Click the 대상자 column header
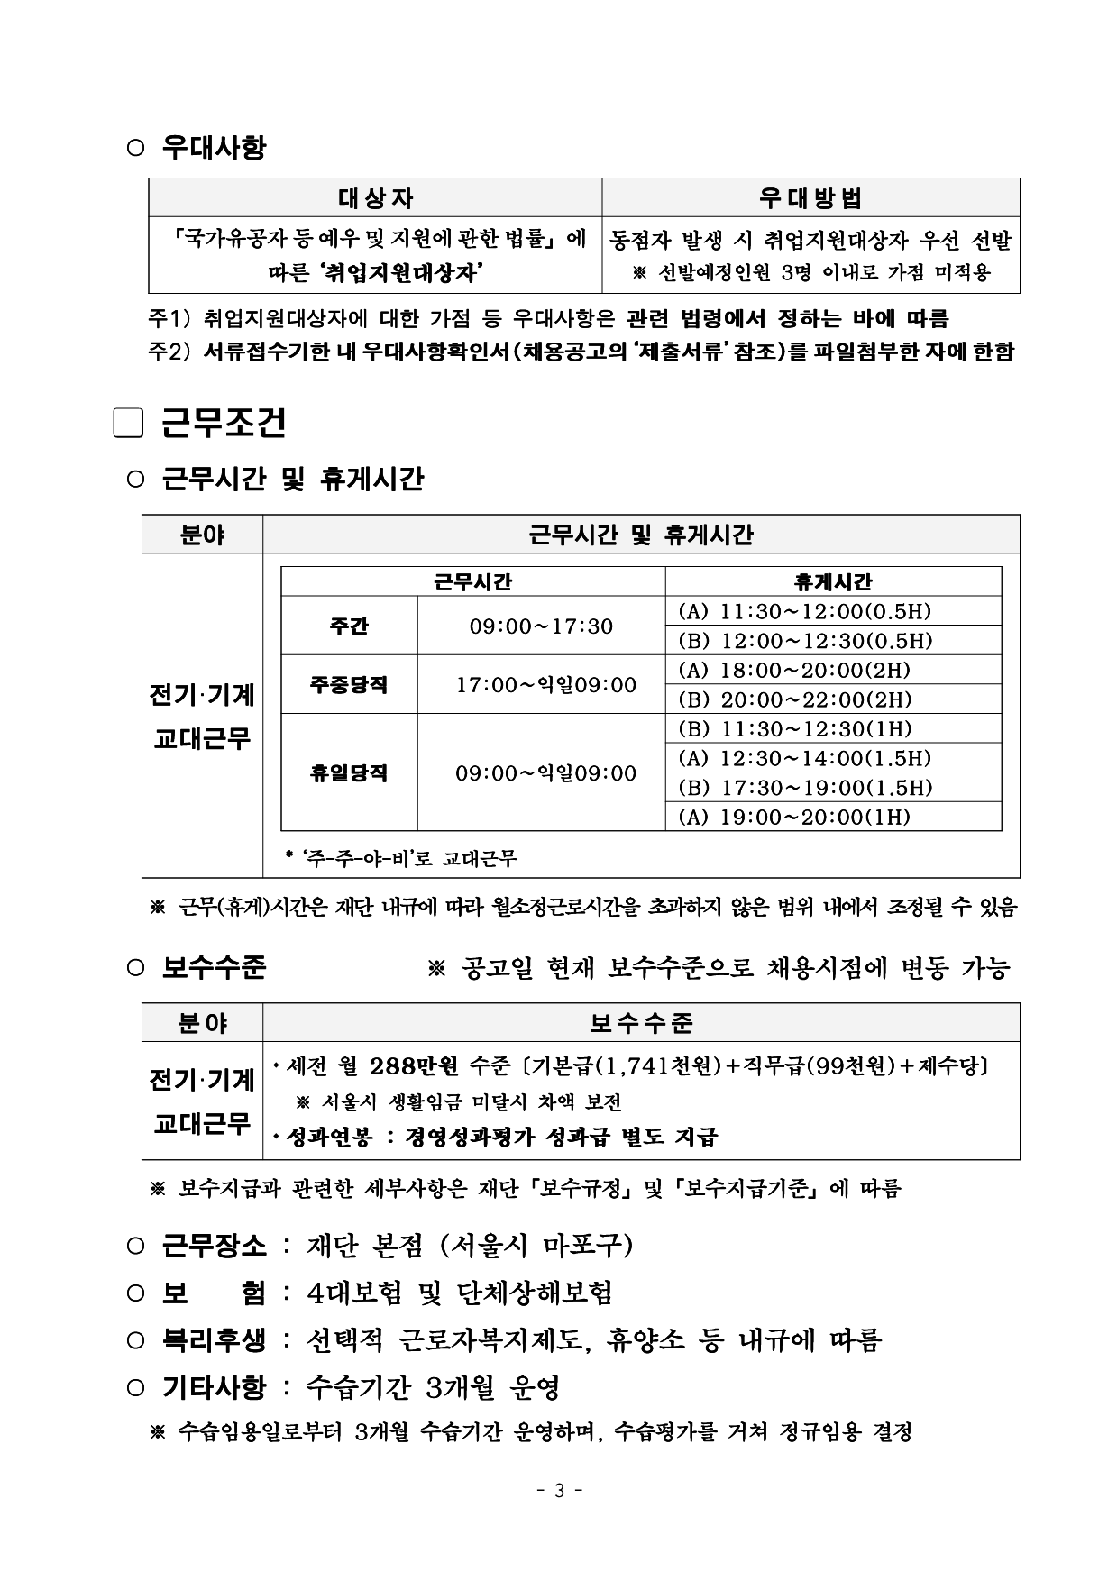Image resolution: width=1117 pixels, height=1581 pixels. (x=375, y=197)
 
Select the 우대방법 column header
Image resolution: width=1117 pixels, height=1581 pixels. (x=810, y=197)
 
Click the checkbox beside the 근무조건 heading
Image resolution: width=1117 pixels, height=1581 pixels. (x=128, y=424)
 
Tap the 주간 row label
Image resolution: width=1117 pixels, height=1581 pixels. (x=349, y=626)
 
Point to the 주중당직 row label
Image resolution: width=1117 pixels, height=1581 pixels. (x=349, y=684)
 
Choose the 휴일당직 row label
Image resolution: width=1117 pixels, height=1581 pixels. (x=349, y=772)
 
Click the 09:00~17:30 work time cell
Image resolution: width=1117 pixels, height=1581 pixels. (x=541, y=626)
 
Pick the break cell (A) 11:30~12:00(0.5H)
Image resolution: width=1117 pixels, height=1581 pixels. (x=804, y=611)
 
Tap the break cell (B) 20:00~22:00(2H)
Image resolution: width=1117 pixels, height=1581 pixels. (x=794, y=699)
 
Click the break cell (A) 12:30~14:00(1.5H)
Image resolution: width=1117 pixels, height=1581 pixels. (x=804, y=758)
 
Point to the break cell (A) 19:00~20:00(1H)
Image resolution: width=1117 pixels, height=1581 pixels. (x=794, y=817)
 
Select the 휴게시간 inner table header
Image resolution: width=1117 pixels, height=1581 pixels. (x=832, y=581)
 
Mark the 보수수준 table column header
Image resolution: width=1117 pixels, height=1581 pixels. (x=641, y=1023)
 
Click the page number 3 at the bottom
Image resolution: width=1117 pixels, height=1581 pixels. (x=559, y=1490)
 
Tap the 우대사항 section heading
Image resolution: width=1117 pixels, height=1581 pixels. (x=214, y=147)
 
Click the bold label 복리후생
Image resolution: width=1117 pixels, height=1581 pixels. (x=214, y=1339)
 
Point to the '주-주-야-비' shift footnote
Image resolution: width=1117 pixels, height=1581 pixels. (x=401, y=858)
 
